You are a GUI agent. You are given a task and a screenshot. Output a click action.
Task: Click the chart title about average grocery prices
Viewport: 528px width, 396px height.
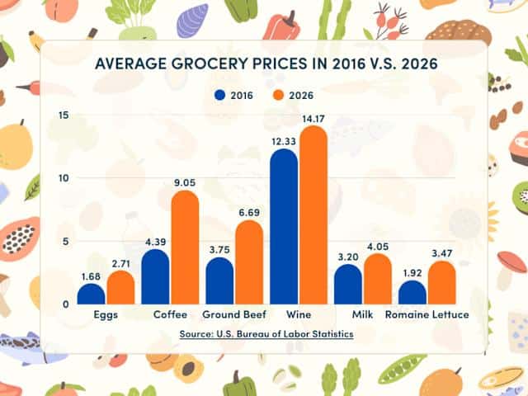coord(263,64)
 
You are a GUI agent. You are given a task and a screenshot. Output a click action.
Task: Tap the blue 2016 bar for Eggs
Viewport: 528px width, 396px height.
coord(92,294)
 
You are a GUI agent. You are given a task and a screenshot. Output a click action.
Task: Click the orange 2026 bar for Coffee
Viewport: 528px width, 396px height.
coord(185,247)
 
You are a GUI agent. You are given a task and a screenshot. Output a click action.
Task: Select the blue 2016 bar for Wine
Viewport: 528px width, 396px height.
coord(284,227)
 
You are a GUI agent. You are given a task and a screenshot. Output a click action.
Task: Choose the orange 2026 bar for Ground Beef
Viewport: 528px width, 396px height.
coord(249,262)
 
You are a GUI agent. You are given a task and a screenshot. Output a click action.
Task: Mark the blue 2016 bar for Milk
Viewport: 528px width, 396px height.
coord(348,284)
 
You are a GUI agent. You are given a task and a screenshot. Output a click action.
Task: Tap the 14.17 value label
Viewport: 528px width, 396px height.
coord(313,119)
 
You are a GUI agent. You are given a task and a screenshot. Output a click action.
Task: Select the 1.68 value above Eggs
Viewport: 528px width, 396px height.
coord(92,277)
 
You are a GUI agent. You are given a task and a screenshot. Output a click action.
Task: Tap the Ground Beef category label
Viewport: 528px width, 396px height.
coord(234,315)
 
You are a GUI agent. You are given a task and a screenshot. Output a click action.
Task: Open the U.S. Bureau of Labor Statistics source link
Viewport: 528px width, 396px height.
coord(266,333)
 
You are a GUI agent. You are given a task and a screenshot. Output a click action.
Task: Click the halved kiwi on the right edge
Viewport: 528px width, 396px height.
coord(520,197)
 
